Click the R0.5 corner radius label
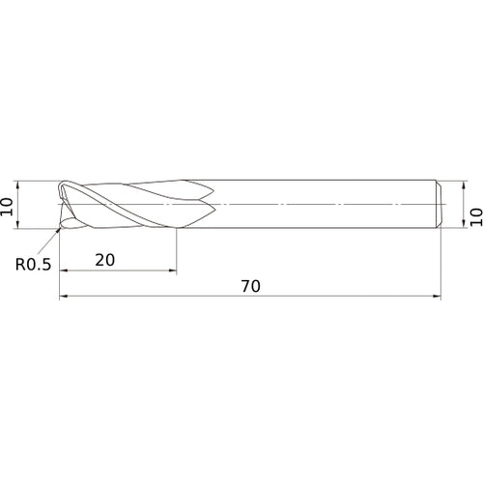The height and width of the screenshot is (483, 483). tap(34, 265)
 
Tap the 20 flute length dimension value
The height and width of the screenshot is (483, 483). tap(105, 260)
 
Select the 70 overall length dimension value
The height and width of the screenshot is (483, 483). tap(250, 286)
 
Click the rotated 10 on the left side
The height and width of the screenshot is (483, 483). tap(7, 207)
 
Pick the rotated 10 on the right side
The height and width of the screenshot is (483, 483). tap(476, 217)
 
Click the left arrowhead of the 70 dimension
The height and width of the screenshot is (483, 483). tap(64, 296)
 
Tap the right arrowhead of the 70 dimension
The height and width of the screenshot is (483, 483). tap(437, 296)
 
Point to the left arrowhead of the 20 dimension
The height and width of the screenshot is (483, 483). tap(64, 270)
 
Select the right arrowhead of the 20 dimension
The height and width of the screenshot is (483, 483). tap(173, 270)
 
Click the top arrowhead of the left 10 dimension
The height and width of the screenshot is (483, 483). tap(17, 185)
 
